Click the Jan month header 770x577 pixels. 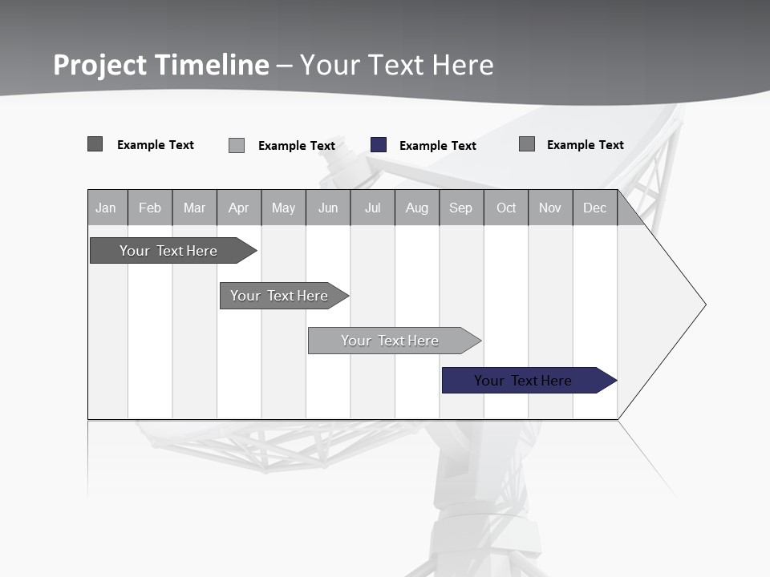[x=107, y=208]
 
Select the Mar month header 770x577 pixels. [x=194, y=208]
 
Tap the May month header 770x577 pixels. [x=283, y=208]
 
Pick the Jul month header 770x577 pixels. [x=372, y=208]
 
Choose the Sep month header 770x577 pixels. [x=460, y=208]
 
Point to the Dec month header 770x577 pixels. [x=594, y=208]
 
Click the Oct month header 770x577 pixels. [x=506, y=208]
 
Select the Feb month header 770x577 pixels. [x=150, y=208]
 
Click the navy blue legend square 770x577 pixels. [x=379, y=145]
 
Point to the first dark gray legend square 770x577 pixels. [x=95, y=144]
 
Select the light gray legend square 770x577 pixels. [x=237, y=145]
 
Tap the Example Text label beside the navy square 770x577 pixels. [x=438, y=146]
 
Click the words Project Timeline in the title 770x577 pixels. [x=161, y=65]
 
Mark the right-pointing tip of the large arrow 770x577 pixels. [x=704, y=305]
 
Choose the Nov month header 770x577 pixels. [x=550, y=208]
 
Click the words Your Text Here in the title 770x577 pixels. [x=397, y=65]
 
